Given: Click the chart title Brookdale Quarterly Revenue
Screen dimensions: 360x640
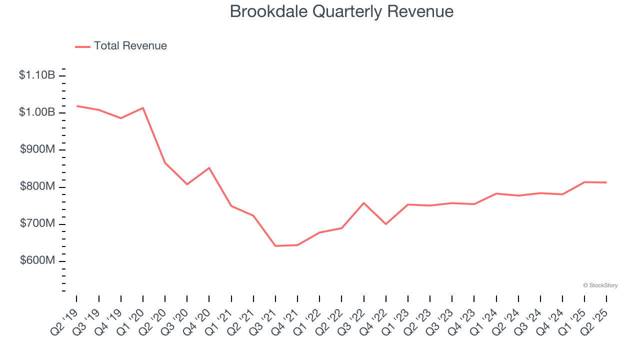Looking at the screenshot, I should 341,11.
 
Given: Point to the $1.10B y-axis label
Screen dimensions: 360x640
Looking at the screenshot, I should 37,75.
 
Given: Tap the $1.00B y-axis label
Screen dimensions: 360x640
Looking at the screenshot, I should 37,112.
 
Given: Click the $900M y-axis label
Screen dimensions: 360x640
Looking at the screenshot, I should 37,150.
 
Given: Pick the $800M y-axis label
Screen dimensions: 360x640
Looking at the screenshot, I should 37,187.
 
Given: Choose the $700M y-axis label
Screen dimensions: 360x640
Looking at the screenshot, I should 37,224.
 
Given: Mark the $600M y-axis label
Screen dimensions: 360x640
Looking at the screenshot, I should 37,261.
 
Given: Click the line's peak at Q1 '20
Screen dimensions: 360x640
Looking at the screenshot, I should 143,108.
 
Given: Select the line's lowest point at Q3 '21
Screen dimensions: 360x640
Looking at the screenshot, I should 275,246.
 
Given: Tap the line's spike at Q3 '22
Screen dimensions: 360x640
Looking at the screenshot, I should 364,203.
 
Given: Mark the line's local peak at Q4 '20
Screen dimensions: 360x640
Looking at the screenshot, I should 209,168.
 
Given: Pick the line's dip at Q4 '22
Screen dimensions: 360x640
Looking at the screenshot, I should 386,224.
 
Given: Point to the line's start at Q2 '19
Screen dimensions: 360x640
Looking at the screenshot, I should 77,106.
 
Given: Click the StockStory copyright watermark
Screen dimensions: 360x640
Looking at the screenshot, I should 600,285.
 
